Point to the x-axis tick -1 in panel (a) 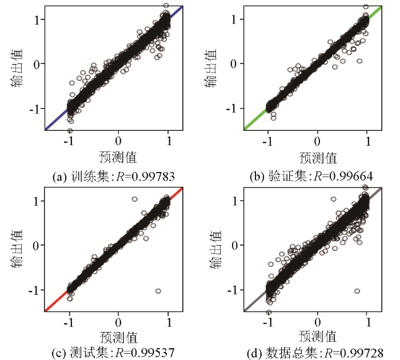click(69, 141)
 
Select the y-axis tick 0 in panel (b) click(235, 63)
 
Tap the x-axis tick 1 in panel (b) click(367, 141)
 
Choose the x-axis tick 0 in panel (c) click(119, 322)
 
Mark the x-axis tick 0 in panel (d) click(318, 322)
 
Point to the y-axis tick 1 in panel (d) click(235, 201)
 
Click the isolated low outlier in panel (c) click(158, 291)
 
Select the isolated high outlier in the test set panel click(134, 199)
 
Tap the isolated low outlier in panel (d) click(357, 291)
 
